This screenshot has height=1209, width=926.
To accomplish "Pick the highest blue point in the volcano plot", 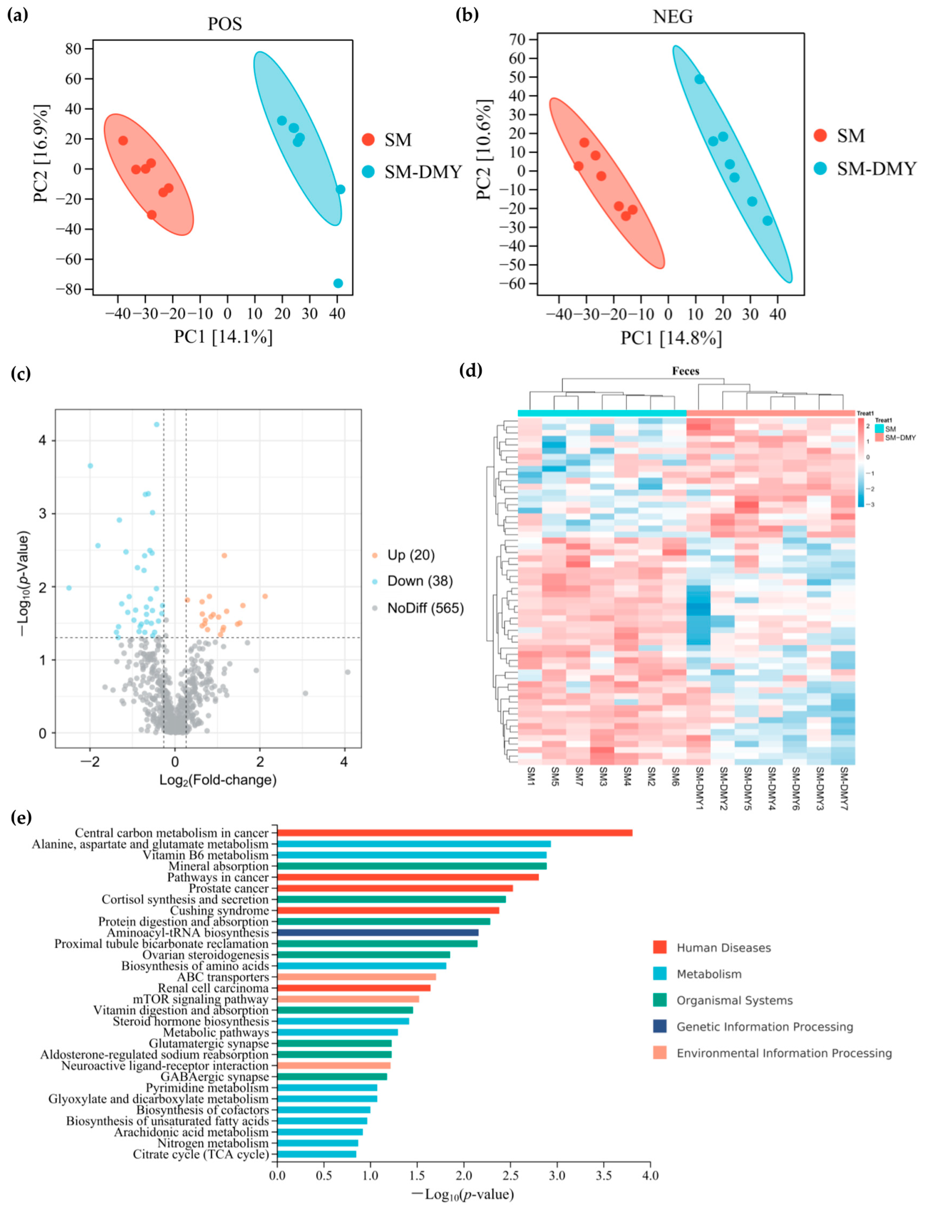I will pyautogui.click(x=157, y=424).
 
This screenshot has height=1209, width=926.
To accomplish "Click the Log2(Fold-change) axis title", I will pyautogui.click(x=218, y=780).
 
